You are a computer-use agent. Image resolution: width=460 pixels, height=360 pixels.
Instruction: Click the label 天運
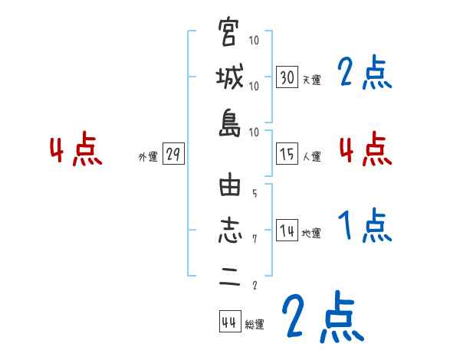(x=311, y=80)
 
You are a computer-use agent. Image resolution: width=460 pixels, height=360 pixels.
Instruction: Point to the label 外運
(x=148, y=157)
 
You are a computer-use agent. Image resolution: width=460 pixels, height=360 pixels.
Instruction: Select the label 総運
(x=255, y=325)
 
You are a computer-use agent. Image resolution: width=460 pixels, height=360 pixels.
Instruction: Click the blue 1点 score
(x=365, y=226)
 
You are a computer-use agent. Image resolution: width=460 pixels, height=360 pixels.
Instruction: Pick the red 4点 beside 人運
(x=365, y=149)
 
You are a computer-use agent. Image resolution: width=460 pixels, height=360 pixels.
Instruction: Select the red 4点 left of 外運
(x=74, y=150)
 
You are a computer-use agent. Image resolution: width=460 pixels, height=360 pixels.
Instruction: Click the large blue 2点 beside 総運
(x=321, y=316)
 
